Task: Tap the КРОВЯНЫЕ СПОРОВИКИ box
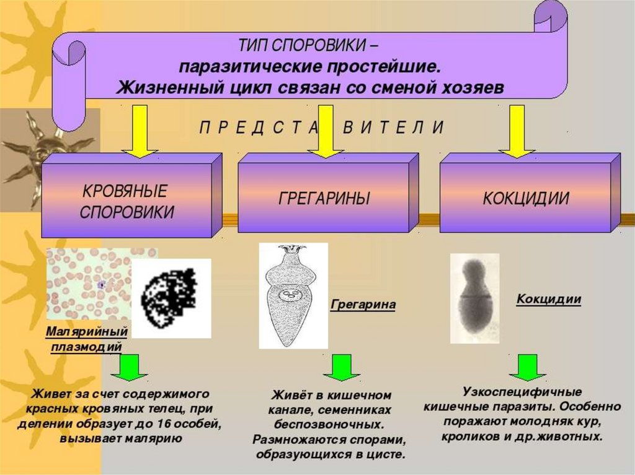[x=127, y=201]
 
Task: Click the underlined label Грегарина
[x=363, y=305]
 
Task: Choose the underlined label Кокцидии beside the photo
[x=549, y=299]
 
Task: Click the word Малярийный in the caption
[x=87, y=332]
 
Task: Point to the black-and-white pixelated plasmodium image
[x=172, y=298]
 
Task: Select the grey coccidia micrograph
[x=474, y=299]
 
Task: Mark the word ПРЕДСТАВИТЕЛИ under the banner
[x=322, y=128]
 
